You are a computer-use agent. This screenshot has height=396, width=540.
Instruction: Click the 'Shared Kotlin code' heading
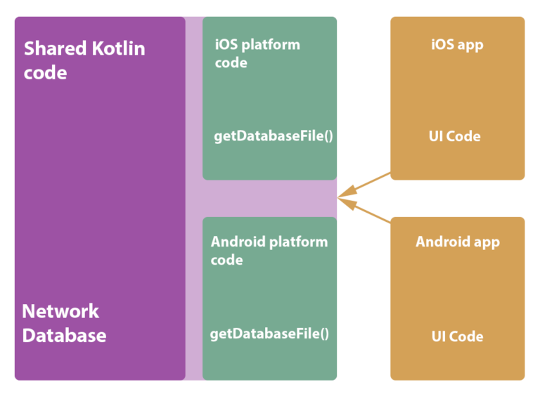84,60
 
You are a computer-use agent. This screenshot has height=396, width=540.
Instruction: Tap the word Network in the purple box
60,311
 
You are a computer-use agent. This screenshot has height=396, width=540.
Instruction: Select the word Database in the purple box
64,335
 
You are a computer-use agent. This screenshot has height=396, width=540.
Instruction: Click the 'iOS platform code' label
257,53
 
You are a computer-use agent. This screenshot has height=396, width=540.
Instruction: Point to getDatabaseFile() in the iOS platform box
273,136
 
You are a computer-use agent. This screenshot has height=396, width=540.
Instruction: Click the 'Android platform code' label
269,251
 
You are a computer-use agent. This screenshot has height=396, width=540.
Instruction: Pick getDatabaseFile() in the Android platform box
269,334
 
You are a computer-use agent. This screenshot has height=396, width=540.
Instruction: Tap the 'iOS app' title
457,45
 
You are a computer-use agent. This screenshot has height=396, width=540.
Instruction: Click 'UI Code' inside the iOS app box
455,136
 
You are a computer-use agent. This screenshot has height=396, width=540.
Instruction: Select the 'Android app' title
458,242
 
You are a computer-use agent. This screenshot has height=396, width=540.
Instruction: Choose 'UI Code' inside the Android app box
458,336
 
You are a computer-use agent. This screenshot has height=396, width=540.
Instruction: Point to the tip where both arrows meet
340,197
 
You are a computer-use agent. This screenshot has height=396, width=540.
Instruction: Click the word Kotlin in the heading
118,48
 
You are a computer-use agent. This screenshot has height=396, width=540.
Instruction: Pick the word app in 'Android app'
486,243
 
